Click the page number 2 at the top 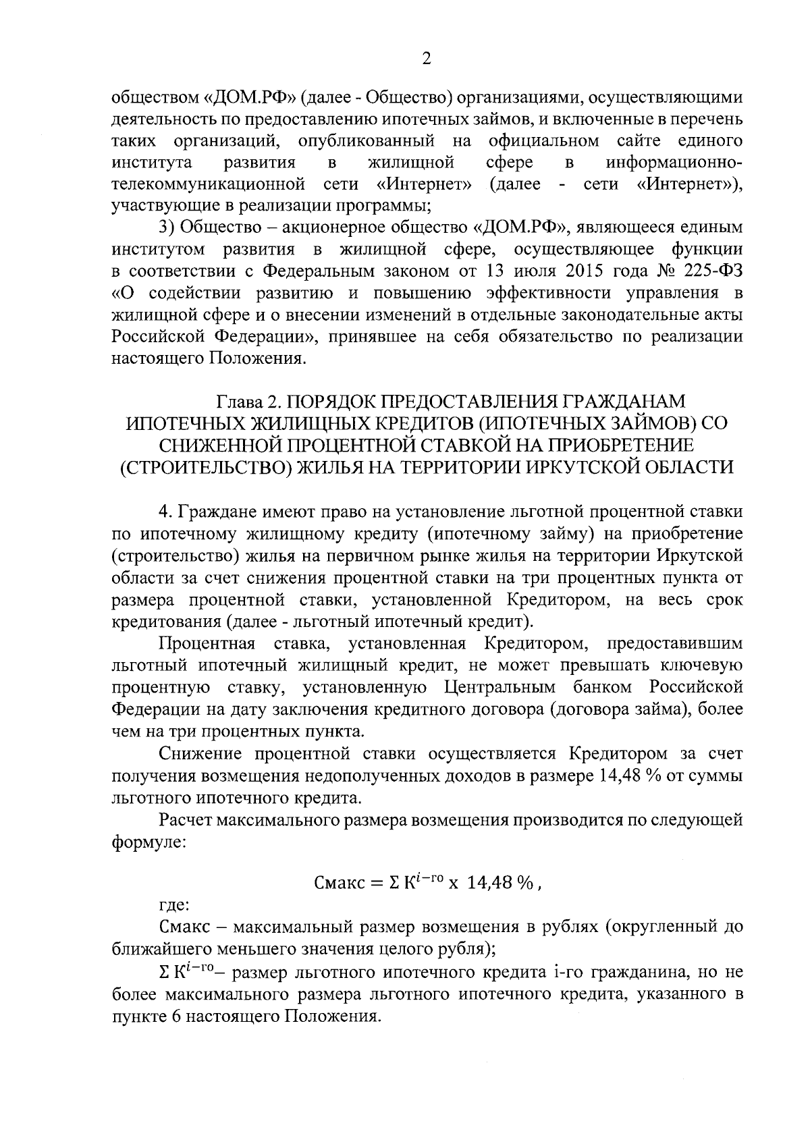(x=426, y=59)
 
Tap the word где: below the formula (x=175, y=904)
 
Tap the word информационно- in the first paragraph (x=674, y=163)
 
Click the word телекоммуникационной (x=205, y=184)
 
